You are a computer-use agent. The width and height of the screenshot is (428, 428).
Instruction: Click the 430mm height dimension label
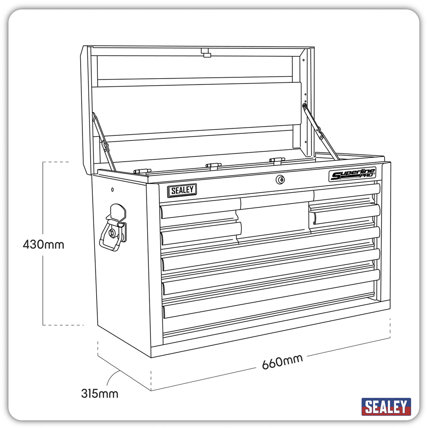point(43,244)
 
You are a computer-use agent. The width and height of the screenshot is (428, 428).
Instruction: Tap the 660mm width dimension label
point(283,362)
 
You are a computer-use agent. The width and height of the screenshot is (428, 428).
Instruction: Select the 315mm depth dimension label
point(99,393)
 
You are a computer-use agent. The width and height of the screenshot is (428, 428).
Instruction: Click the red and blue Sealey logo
point(386,406)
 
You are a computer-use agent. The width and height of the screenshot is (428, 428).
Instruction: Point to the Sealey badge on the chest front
point(182,190)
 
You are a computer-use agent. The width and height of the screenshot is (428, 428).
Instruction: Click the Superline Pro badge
point(352,174)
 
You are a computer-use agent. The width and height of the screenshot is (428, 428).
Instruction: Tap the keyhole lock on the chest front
point(280,179)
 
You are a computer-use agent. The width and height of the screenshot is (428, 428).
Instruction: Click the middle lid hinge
point(213,166)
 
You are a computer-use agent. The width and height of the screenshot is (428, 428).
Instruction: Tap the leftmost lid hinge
point(142,171)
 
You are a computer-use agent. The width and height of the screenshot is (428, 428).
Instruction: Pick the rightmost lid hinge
point(277,160)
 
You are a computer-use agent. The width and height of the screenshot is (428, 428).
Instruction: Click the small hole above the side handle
point(112,190)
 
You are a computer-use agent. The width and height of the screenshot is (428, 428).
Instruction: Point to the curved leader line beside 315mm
point(111,379)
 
